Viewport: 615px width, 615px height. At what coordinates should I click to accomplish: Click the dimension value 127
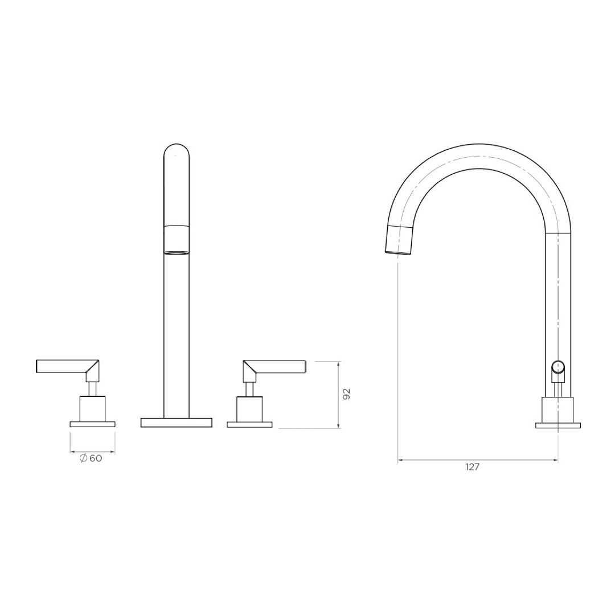coord(472,467)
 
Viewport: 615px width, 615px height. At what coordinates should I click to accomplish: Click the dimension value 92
coord(346,394)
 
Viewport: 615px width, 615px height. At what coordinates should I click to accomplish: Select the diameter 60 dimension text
coord(91,458)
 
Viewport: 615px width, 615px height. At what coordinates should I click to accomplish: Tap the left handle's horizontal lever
coord(63,366)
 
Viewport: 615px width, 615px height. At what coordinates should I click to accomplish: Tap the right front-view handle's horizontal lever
coord(279,366)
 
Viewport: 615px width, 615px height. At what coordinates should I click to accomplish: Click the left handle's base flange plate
coord(92,424)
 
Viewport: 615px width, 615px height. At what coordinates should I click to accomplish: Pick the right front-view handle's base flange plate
coord(249,424)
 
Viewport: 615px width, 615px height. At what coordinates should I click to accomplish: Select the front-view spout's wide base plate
coord(177,422)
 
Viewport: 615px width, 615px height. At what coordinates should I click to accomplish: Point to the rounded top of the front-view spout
coord(177,147)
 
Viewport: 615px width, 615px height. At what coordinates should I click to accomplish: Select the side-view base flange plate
coord(558,424)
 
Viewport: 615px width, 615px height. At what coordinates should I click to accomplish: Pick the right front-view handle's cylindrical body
coord(249,408)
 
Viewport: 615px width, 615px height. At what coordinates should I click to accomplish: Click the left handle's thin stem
coord(92,388)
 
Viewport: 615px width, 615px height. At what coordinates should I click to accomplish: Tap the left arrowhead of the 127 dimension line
coord(400,459)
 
